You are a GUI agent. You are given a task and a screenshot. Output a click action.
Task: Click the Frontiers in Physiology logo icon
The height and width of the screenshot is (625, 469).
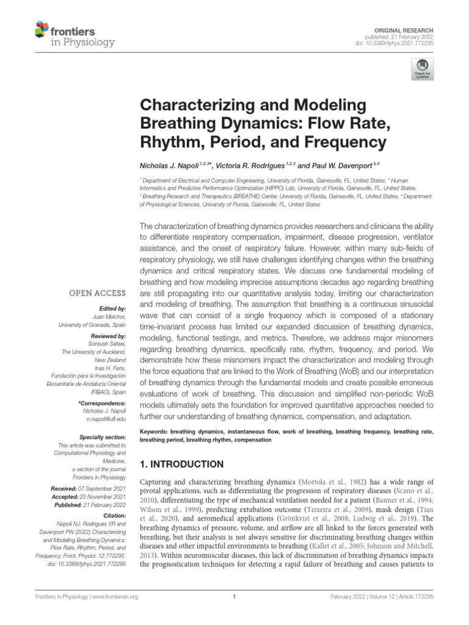(42, 28)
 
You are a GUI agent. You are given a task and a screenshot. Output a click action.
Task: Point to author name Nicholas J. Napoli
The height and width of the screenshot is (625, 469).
(173, 165)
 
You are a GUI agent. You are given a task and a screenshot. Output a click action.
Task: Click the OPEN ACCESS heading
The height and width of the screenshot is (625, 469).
(98, 293)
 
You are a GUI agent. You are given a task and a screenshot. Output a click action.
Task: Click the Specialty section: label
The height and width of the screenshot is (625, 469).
(103, 438)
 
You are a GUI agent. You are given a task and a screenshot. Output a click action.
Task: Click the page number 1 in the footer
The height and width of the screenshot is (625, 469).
(234, 597)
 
